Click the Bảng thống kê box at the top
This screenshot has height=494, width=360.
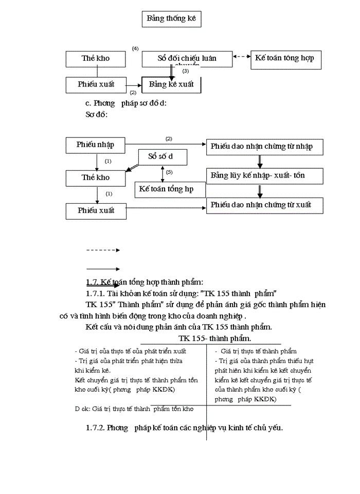coord(171,19)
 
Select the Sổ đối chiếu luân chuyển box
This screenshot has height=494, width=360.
coord(187,59)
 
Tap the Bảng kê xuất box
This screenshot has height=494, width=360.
coord(171,84)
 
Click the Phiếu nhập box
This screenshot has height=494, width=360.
coord(96,145)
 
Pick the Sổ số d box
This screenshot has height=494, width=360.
coord(163,156)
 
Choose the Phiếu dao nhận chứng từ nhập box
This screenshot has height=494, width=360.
coord(265,147)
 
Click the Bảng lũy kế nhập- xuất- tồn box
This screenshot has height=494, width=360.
coord(265,176)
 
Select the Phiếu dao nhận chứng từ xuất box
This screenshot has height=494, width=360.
coord(265,205)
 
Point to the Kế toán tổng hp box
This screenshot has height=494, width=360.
coord(170,189)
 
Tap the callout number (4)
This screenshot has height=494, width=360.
coord(135,48)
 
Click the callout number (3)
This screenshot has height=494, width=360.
coord(186,71)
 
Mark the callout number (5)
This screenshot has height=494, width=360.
coord(169,172)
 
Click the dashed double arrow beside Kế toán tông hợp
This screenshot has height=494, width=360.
coord(241,57)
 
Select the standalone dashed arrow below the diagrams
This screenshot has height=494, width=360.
coord(103,250)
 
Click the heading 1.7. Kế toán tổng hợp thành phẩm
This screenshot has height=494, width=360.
coord(145,282)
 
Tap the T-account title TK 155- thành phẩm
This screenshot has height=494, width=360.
coord(215,338)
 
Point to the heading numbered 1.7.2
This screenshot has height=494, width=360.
coord(185,428)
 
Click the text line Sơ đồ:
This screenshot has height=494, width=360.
coord(96,114)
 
